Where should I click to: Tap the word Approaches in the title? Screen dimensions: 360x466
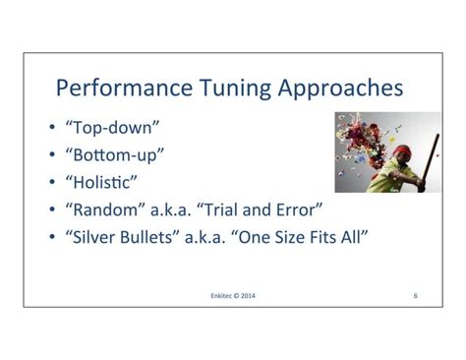[340, 89]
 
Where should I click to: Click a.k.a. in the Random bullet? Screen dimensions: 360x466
[175, 210]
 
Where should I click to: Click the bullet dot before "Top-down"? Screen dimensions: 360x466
[52, 130]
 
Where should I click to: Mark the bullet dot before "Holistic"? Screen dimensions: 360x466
[52, 183]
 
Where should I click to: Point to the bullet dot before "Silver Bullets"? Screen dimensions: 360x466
[52, 237]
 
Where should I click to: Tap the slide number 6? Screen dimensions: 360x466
[416, 294]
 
